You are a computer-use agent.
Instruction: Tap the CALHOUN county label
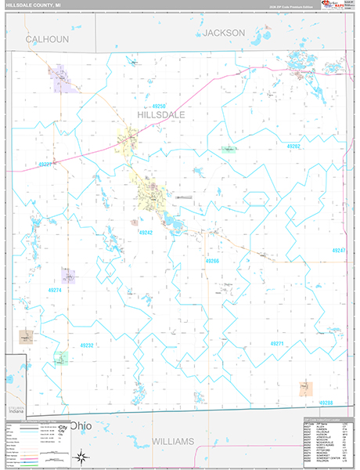point(47,38)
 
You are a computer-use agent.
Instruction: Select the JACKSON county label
point(224,33)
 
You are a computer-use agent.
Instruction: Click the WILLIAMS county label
point(171,442)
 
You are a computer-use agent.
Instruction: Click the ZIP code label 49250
point(160,105)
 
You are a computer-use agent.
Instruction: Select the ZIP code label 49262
point(293,146)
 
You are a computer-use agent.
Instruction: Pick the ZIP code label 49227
point(45,164)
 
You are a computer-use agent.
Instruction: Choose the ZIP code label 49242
point(146,233)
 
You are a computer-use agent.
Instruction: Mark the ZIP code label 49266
point(213,260)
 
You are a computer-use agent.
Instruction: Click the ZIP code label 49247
point(338,251)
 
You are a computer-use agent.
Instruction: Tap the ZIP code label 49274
point(55,290)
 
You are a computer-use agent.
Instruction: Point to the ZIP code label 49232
point(87,345)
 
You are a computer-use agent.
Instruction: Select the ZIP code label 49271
point(276,343)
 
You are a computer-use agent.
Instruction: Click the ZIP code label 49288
point(326,403)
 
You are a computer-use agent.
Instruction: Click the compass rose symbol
point(81,457)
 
